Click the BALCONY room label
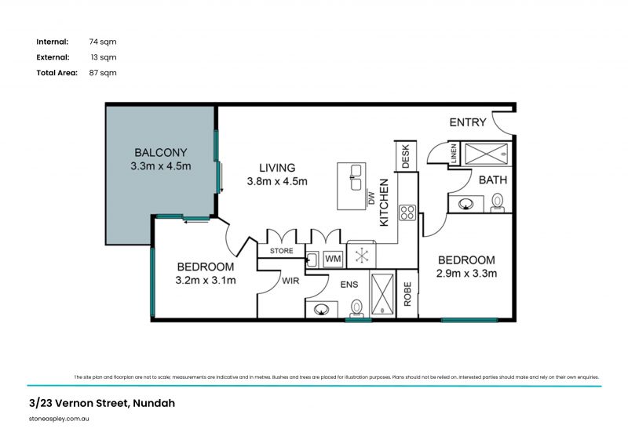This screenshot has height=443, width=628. [161, 152]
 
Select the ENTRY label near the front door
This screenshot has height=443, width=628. [468, 122]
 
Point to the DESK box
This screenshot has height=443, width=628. [406, 155]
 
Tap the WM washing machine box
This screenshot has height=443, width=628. [333, 258]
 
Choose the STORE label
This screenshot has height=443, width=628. [281, 252]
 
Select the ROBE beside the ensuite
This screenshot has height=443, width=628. [407, 294]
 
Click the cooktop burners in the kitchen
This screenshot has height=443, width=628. [407, 212]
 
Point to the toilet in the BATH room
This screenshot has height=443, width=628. [497, 203]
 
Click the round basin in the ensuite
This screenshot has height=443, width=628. [321, 309]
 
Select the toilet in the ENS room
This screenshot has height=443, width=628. [357, 307]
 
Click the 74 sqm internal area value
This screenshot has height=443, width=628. [103, 42]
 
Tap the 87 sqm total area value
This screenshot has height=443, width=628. [103, 72]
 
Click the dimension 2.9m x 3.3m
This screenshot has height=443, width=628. [466, 274]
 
